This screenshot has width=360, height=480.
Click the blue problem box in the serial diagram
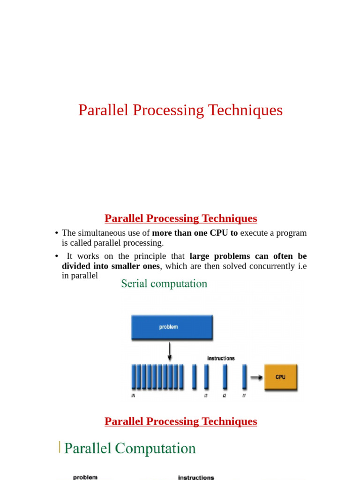[x=172, y=327]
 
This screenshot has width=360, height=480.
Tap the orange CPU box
[x=281, y=377]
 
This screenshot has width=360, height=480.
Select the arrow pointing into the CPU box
[x=256, y=376]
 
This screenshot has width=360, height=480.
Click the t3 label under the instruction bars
[x=206, y=396]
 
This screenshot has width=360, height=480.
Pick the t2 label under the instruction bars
[x=225, y=396]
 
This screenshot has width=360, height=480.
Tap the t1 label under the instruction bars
[x=244, y=396]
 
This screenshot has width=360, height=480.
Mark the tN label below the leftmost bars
[x=134, y=396]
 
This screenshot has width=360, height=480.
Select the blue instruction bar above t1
[x=244, y=377]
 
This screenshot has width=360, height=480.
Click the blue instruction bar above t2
[x=225, y=377]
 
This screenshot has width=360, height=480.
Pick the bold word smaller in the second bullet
[x=122, y=266]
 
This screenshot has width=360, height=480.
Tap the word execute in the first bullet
[x=255, y=233]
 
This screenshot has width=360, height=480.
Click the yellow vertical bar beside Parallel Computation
[x=60, y=447]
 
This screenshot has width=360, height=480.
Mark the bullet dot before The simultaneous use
[x=56, y=233]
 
